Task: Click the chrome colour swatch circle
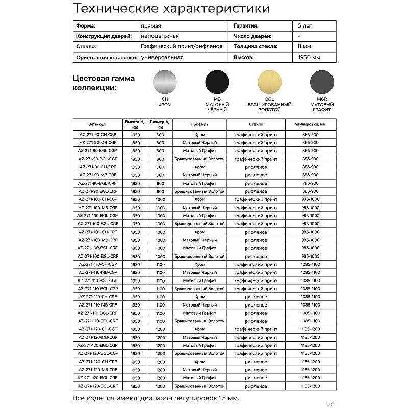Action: [166, 81]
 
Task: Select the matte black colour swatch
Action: [217, 81]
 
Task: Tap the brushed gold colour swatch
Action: [270, 81]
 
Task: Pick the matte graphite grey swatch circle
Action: [322, 81]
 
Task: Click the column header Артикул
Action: [97, 123]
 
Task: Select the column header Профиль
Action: [199, 123]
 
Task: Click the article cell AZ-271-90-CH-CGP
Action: [98, 134]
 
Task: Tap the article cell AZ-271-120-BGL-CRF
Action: [98, 386]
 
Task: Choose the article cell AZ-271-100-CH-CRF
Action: [98, 232]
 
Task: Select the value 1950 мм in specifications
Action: [309, 58]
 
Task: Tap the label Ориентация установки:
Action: [106, 58]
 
